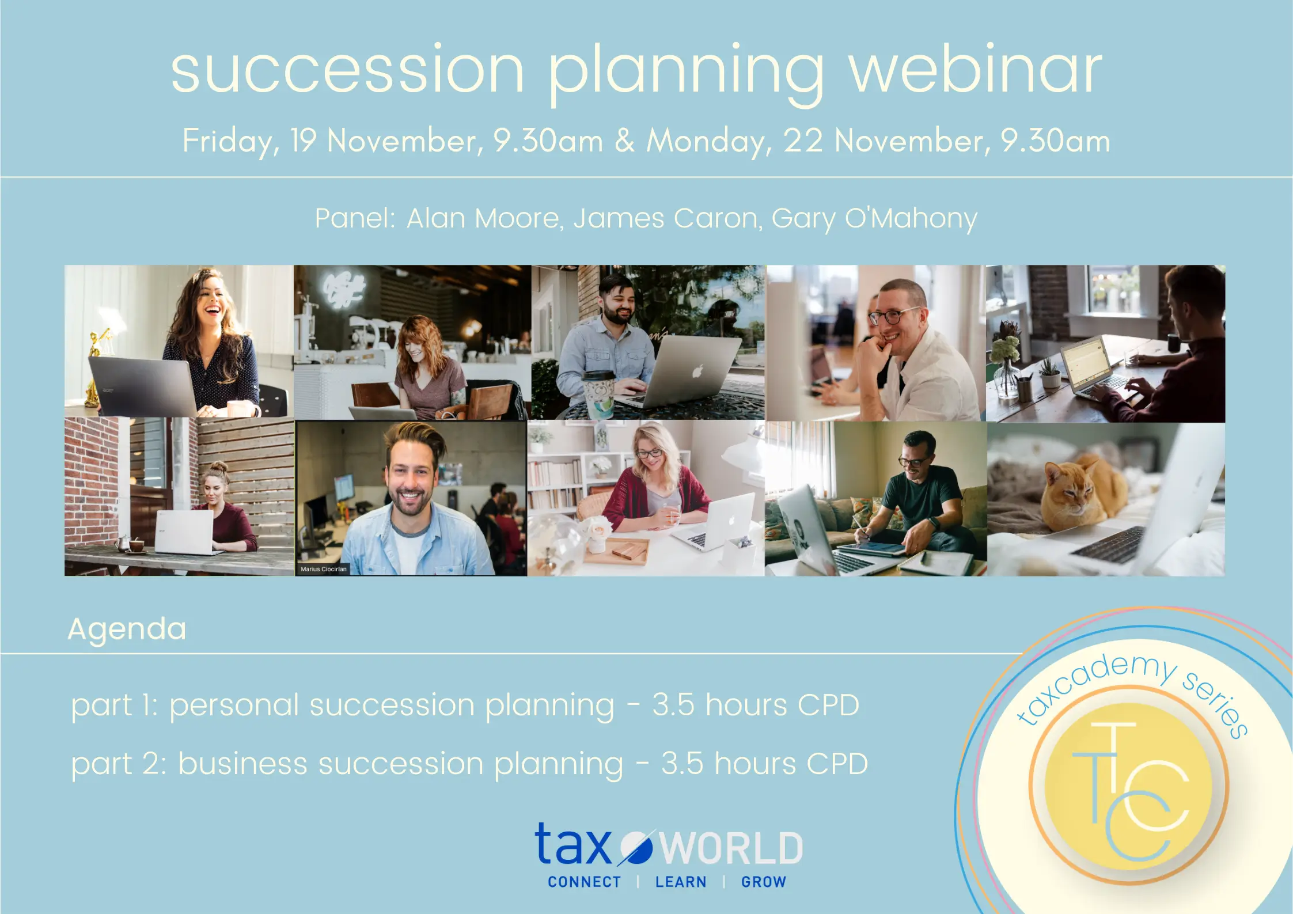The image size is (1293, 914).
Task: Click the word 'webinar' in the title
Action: [x=975, y=70]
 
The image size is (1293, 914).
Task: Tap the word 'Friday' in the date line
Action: [x=228, y=141]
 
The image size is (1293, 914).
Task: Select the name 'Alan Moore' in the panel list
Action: [x=483, y=218]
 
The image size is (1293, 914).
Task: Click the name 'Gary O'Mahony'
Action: [x=874, y=218]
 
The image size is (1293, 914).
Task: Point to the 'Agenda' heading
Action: [x=127, y=629]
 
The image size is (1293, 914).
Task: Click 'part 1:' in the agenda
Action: [x=114, y=706]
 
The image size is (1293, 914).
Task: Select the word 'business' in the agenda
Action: [x=242, y=764]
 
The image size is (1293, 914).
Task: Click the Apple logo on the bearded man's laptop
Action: [x=697, y=371]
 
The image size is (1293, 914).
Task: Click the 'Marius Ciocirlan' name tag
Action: [x=323, y=569]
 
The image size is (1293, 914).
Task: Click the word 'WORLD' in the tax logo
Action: [x=731, y=848]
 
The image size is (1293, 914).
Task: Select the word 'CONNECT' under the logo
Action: [x=584, y=882]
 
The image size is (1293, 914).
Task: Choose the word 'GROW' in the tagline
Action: [x=763, y=882]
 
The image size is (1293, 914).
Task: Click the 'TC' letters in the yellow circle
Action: [x=1129, y=789]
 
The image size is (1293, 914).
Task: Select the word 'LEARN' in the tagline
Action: [x=680, y=882]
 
